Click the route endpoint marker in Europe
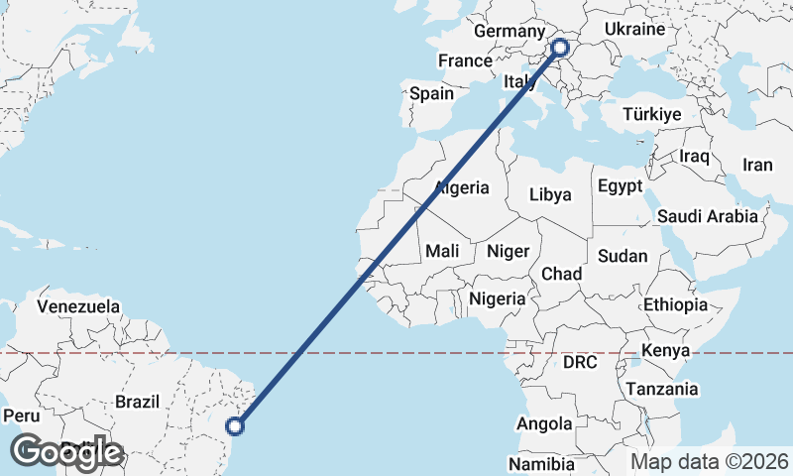pyautogui.click(x=560, y=47)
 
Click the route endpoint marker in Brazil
pyautogui.click(x=235, y=426)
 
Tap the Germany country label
pyautogui.click(x=510, y=32)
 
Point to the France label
pyautogui.click(x=465, y=60)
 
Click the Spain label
pyautogui.click(x=431, y=94)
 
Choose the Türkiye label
pyautogui.click(x=651, y=114)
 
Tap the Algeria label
pyautogui.click(x=462, y=187)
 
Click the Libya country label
pyautogui.click(x=550, y=194)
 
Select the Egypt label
pyautogui.click(x=620, y=185)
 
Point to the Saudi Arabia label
pyautogui.click(x=708, y=215)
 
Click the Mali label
pyautogui.click(x=442, y=252)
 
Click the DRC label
pyautogui.click(x=580, y=363)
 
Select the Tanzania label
pyautogui.click(x=661, y=389)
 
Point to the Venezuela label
pyautogui.click(x=78, y=305)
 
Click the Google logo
pyautogui.click(x=66, y=451)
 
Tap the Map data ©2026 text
pyautogui.click(x=709, y=461)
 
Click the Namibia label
pyautogui.click(x=541, y=463)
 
